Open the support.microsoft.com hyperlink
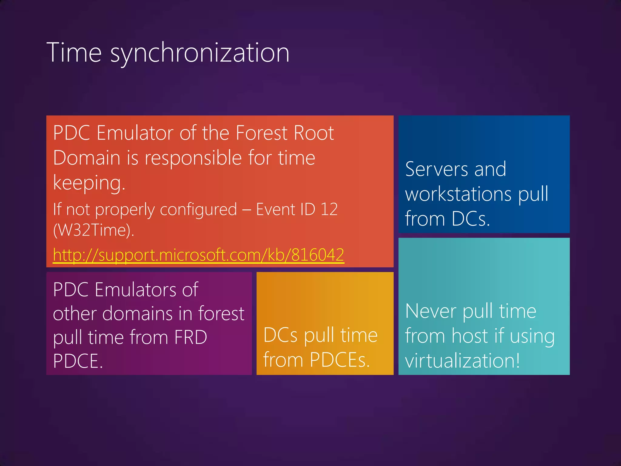click(198, 255)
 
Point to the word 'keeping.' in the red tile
click(89, 183)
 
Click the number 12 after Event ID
click(329, 209)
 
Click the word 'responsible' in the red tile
click(193, 158)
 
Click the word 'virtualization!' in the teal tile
click(462, 361)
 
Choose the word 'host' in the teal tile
click(470, 336)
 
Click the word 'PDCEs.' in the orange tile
click(340, 360)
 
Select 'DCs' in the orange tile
click(280, 335)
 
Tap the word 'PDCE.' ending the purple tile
click(78, 361)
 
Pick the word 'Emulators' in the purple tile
click(136, 290)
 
